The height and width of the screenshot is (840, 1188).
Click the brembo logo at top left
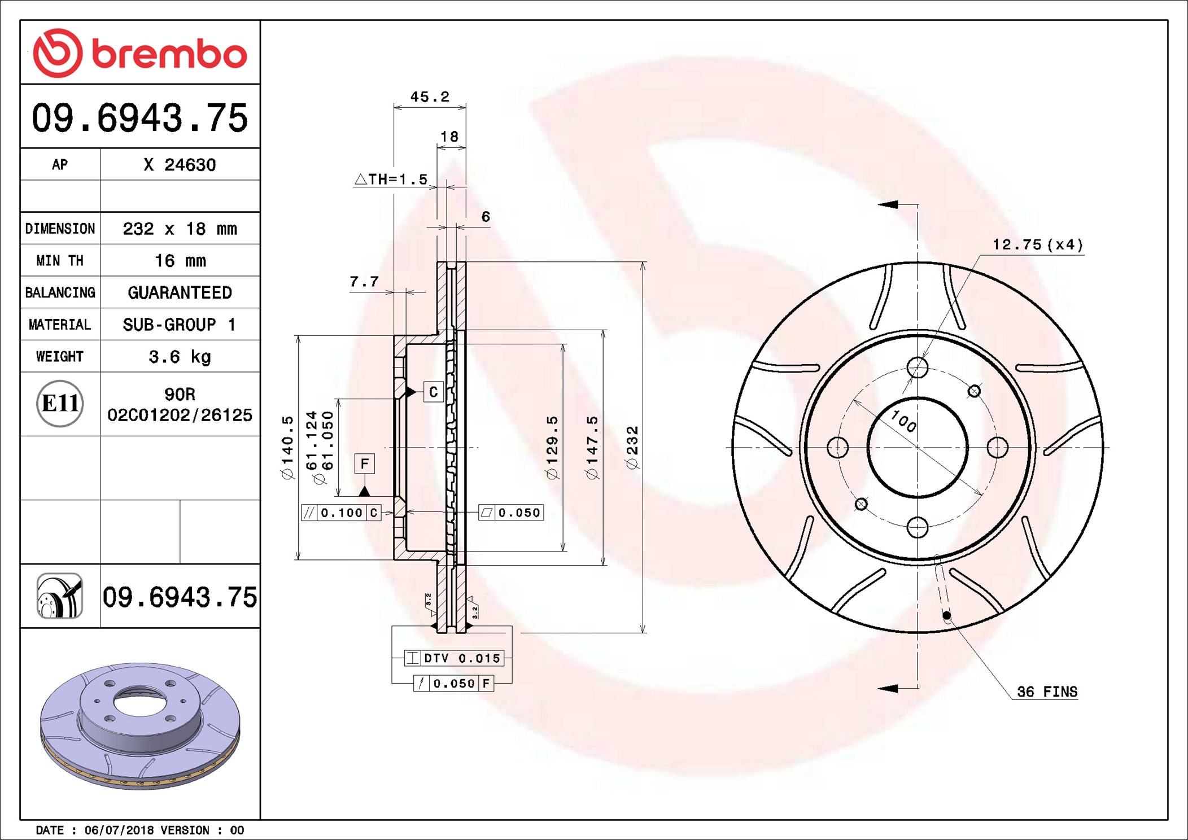pyautogui.click(x=140, y=53)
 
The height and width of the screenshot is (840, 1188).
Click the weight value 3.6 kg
pyautogui.click(x=180, y=357)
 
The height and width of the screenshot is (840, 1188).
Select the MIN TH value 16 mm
pyautogui.click(x=180, y=261)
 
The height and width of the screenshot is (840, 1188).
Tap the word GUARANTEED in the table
pyautogui.click(x=180, y=292)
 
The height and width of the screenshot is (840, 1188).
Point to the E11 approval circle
pyautogui.click(x=60, y=404)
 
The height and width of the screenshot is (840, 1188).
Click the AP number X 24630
pyautogui.click(x=180, y=165)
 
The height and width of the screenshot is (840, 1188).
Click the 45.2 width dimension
pyautogui.click(x=430, y=97)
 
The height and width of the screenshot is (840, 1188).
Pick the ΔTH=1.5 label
pyautogui.click(x=391, y=180)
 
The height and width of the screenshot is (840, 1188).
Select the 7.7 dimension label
pyautogui.click(x=364, y=281)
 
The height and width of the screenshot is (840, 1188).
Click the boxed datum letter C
pyautogui.click(x=433, y=392)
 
